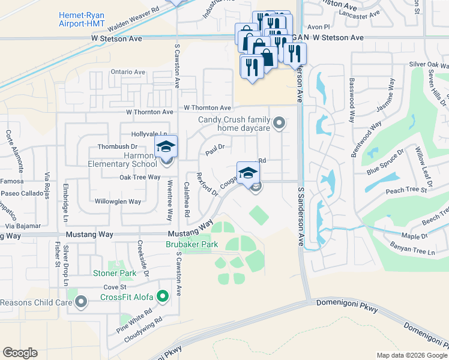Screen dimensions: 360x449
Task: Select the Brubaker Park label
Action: point(191,244)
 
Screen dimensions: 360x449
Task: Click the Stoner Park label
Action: point(115,273)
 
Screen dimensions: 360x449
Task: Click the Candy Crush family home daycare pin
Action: point(279,124)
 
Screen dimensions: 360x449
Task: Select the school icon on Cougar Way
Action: point(248,173)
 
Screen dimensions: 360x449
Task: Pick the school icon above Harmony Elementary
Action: point(166,146)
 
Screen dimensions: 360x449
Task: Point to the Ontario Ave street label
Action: point(128,72)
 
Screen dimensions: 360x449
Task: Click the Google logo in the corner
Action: point(20,353)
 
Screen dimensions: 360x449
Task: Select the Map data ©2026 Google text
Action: point(412,355)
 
